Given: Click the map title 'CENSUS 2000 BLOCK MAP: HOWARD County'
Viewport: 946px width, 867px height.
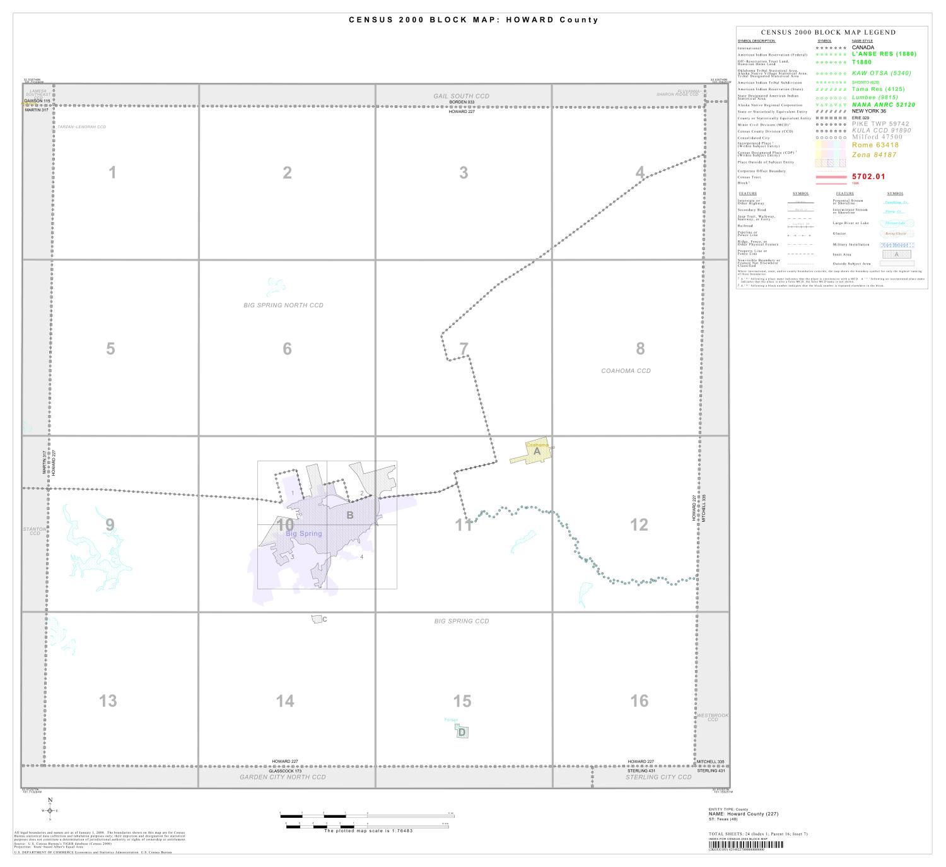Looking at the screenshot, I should (x=473, y=20).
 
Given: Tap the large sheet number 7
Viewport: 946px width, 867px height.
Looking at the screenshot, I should (x=464, y=348).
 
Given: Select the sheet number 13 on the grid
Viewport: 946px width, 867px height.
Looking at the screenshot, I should (x=108, y=700).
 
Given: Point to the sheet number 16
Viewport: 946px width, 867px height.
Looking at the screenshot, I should (x=639, y=700).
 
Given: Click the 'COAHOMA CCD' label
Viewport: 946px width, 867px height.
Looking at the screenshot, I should (x=626, y=371).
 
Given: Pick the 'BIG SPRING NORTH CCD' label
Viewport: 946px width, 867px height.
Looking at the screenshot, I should (x=283, y=305).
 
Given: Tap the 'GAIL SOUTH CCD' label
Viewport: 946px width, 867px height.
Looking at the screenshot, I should (x=461, y=96).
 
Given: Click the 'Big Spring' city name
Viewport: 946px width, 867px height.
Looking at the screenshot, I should (x=303, y=534).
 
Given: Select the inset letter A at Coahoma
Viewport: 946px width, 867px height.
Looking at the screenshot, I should (x=537, y=451).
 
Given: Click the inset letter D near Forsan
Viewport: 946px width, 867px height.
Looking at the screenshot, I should (x=462, y=732).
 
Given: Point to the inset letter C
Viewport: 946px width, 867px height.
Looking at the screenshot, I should (x=325, y=620).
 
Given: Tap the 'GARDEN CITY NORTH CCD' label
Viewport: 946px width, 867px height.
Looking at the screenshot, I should (x=283, y=777).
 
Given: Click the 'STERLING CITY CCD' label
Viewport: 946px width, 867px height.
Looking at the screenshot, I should (x=658, y=777).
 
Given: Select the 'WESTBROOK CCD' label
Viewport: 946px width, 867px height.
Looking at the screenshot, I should (x=713, y=717).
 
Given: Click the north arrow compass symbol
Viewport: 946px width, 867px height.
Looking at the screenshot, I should (x=50, y=810).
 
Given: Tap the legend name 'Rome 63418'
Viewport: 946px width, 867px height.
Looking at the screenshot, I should (x=875, y=145).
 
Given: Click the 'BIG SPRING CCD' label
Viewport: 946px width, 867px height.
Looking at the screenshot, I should (x=462, y=622).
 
